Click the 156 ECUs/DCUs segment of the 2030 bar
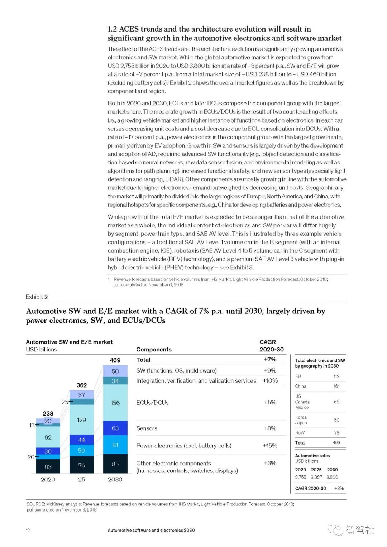(115, 403)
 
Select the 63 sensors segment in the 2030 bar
(115, 428)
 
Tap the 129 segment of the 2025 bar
(81, 419)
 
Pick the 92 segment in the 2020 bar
(48, 437)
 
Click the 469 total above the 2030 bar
(115, 360)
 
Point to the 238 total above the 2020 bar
(48, 413)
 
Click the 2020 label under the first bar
(48, 479)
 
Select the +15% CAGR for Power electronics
(270, 446)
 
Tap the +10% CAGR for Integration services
(270, 380)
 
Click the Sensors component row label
(147, 428)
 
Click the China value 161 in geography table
(336, 386)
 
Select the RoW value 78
(336, 433)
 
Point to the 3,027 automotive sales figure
(316, 477)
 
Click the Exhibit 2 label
(37, 297)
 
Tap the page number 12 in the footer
(28, 531)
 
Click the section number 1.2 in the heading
(112, 29)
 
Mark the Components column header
(154, 350)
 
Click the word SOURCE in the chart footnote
(35, 504)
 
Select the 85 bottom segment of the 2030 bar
(115, 464)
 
